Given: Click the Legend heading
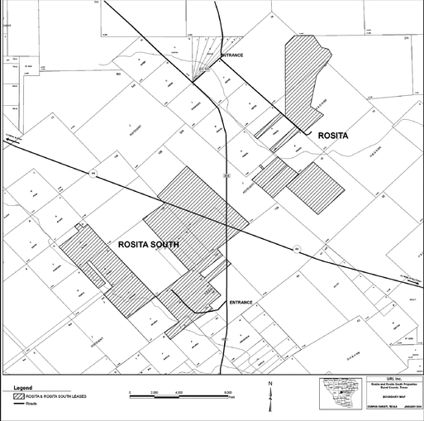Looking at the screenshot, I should pyautogui.click(x=21, y=387).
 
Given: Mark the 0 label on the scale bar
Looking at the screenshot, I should pyautogui.click(x=132, y=389).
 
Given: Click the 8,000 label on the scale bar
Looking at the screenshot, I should pyautogui.click(x=226, y=389).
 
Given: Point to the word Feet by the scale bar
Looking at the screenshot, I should pyautogui.click(x=232, y=398).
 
